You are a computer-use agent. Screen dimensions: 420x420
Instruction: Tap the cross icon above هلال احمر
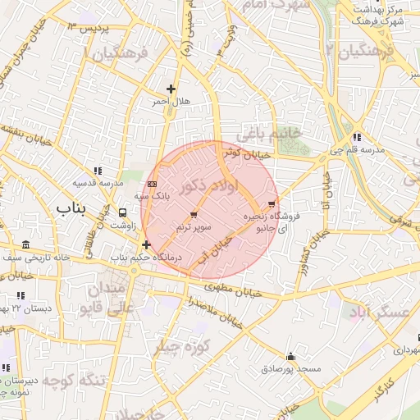click(171, 89)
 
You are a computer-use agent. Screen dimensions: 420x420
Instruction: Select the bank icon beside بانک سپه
click(153, 184)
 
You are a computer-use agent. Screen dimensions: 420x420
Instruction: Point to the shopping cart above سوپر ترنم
click(194, 214)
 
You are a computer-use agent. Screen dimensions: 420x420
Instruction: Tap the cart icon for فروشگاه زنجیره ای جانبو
click(272, 203)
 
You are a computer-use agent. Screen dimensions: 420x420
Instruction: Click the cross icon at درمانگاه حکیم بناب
click(146, 244)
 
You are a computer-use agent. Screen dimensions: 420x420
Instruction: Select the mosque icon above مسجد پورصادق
click(290, 357)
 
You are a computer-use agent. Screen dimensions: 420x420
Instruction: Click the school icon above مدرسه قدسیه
click(98, 171)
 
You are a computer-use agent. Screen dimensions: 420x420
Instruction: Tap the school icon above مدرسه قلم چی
click(356, 137)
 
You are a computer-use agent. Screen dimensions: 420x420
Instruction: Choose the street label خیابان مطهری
click(233, 289)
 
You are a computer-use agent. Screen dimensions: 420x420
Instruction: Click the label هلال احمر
click(170, 102)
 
